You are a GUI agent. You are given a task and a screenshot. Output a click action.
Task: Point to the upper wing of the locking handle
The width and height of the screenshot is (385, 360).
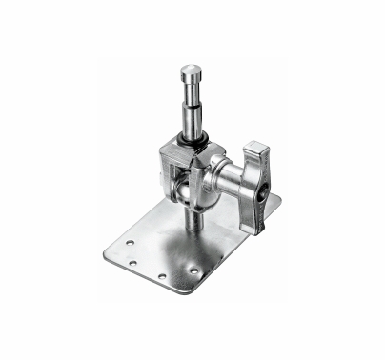click(256, 153)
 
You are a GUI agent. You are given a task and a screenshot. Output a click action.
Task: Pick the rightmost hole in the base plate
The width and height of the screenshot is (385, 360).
click(193, 270)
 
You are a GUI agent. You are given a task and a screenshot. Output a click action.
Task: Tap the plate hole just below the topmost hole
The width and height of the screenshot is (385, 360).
click(132, 261)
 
